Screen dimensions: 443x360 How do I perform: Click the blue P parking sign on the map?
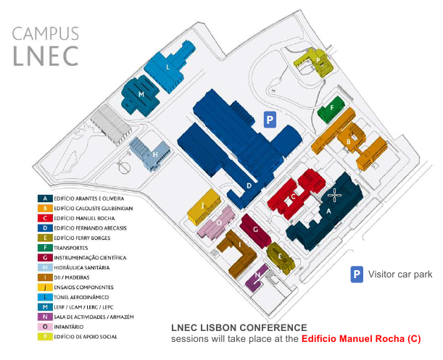pyautogui.click(x=270, y=120)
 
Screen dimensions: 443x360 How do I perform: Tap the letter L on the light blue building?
pyautogui.click(x=167, y=67)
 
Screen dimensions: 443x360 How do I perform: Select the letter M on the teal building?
pyautogui.click(x=141, y=94)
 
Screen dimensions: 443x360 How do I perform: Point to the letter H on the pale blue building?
pyautogui.click(x=155, y=155)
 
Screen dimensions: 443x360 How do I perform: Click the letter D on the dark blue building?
pyautogui.click(x=249, y=185)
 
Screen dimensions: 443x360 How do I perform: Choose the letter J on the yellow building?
pyautogui.click(x=202, y=205)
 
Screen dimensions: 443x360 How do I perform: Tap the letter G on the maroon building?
pyautogui.click(x=255, y=230)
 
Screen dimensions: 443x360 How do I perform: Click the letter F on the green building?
pyautogui.click(x=332, y=107)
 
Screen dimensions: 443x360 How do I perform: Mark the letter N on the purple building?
pyautogui.click(x=257, y=275)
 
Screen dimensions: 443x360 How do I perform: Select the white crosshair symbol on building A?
pyautogui.click(x=334, y=195)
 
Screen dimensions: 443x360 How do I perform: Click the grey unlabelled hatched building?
pyautogui.click(x=110, y=125)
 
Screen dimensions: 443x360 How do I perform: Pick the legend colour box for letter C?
pyautogui.click(x=45, y=218)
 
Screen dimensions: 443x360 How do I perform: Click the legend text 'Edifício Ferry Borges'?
pyautogui.click(x=82, y=238)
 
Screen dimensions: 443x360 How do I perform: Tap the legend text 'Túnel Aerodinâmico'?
pyautogui.click(x=81, y=297)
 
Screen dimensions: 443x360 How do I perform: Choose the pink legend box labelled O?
pyautogui.click(x=45, y=327)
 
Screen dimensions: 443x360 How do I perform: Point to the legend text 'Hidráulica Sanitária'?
pyautogui.click(x=82, y=268)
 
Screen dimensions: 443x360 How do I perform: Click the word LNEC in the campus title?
pyautogui.click(x=46, y=56)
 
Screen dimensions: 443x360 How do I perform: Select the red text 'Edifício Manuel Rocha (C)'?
pyautogui.click(x=361, y=339)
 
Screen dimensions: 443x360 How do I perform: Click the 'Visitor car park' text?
pyautogui.click(x=400, y=274)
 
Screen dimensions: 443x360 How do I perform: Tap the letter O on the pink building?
pyautogui.click(x=219, y=223)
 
